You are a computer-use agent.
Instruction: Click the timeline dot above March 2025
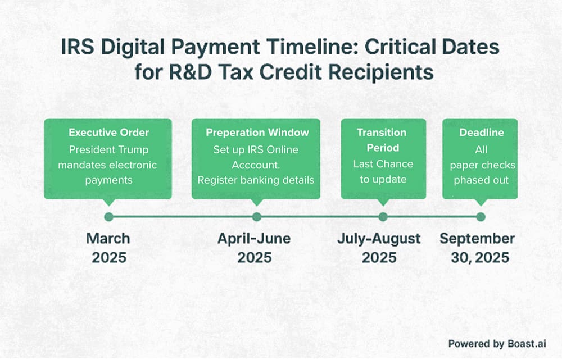tap(108, 217)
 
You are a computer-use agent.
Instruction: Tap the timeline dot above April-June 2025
tap(257, 217)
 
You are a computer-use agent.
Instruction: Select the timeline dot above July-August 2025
tap(383, 217)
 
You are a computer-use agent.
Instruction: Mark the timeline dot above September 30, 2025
tap(481, 217)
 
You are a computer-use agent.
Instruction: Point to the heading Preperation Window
tap(257, 133)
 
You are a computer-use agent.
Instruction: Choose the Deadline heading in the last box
tap(481, 133)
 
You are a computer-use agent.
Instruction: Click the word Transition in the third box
tap(382, 133)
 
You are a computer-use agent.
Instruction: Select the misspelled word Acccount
tap(256, 165)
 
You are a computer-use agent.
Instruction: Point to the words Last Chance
tap(382, 164)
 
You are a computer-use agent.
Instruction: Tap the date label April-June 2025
tap(254, 248)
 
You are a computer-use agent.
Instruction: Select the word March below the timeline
tap(108, 239)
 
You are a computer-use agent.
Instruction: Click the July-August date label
tap(379, 239)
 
